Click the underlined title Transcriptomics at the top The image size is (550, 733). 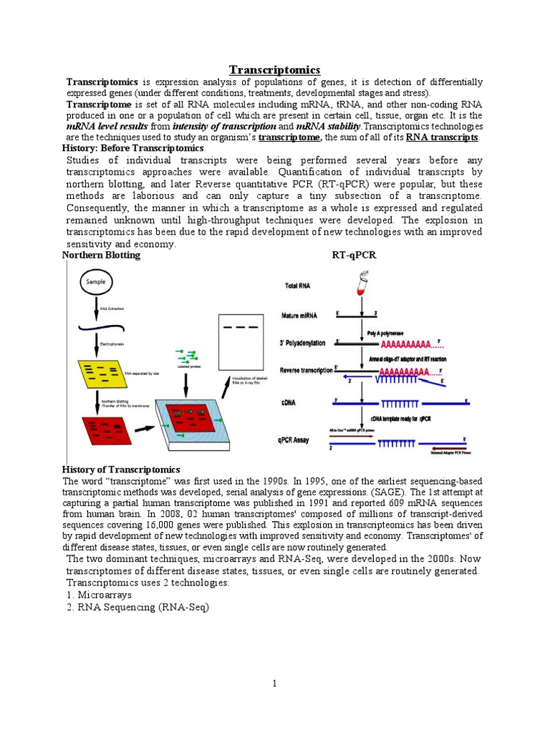pyautogui.click(x=274, y=69)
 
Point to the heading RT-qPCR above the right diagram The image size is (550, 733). pyautogui.click(x=354, y=255)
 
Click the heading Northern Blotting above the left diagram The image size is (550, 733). pyautogui.click(x=101, y=255)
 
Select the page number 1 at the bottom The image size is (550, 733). pyautogui.click(x=274, y=684)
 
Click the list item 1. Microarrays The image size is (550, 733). pyautogui.click(x=96, y=595)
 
